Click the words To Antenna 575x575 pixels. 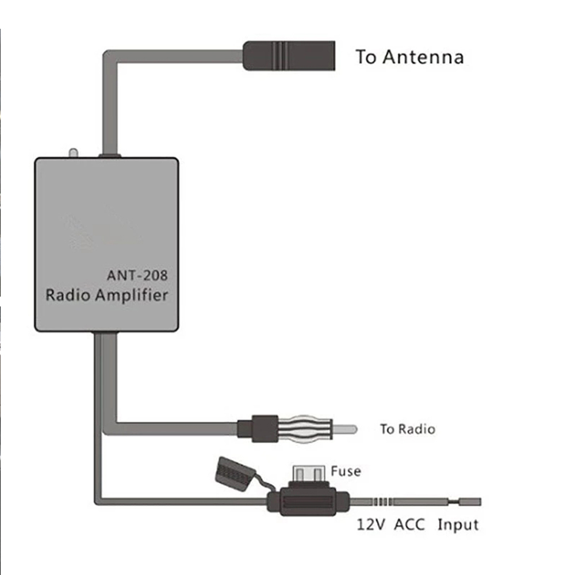point(409,57)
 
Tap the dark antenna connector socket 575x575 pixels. point(289,56)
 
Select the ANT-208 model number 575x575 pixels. point(137,275)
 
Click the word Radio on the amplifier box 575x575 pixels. point(68,295)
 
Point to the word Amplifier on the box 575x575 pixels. point(132,296)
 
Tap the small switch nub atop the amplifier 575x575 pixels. point(74,153)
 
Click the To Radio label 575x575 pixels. point(408,429)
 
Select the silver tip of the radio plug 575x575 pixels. point(344,429)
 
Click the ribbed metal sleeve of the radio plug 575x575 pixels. point(305,429)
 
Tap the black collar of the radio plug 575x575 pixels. point(258,429)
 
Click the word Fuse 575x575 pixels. point(346,471)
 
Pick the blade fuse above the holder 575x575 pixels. point(309,474)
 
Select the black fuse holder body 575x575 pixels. point(308,501)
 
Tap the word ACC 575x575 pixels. point(409,524)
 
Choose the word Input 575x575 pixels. point(458,525)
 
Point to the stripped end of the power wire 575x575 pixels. point(470,501)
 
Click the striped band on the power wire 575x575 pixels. point(383,501)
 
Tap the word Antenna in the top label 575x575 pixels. point(423,57)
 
